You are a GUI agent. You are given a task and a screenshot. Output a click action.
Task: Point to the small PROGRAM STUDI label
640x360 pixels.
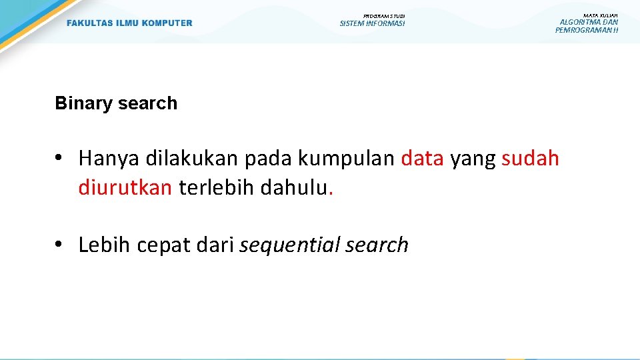pyautogui.click(x=384, y=16)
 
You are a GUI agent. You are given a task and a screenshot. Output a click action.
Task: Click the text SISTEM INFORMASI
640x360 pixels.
pyautogui.click(x=372, y=24)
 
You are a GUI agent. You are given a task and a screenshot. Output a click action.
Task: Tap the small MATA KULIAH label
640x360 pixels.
pyautogui.click(x=600, y=15)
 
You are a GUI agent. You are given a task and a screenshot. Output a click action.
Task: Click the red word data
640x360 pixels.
pyautogui.click(x=422, y=159)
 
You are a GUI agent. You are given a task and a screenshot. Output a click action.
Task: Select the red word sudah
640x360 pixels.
pyautogui.click(x=530, y=159)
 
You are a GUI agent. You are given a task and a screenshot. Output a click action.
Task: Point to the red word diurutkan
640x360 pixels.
pyautogui.click(x=125, y=188)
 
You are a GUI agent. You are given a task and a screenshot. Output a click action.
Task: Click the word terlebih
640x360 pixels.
pyautogui.click(x=217, y=188)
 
